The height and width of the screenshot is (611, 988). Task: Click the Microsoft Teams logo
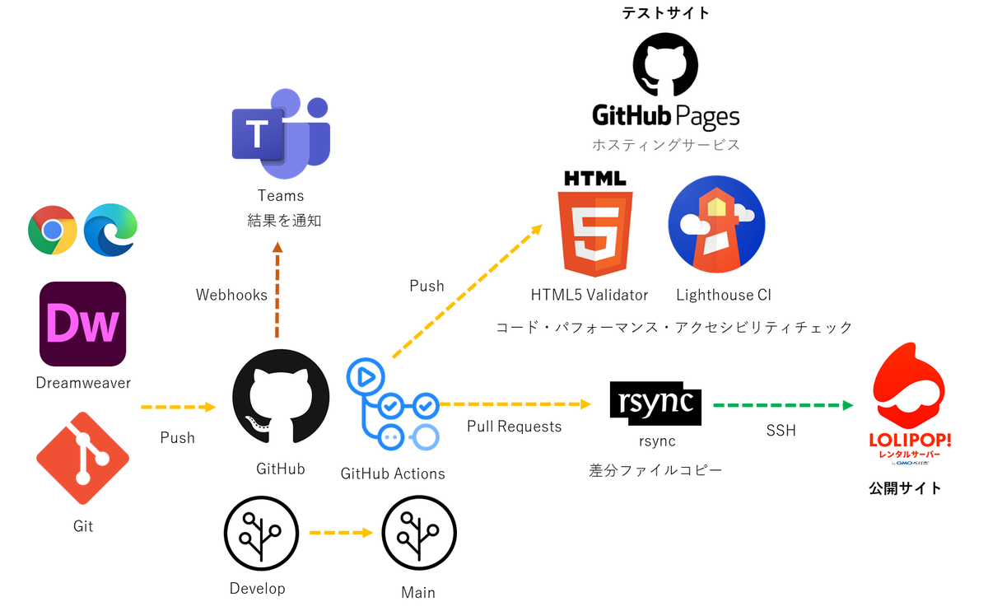point(281,133)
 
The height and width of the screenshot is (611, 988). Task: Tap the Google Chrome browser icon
point(53,230)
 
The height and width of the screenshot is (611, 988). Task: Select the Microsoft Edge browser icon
point(110,230)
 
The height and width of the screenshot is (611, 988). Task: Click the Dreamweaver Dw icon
point(83,324)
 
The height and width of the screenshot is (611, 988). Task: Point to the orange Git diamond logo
point(83,458)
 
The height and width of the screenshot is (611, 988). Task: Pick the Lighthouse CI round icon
point(717,224)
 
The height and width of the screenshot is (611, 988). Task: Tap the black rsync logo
point(655,403)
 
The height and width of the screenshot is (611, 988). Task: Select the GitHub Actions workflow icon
point(393,404)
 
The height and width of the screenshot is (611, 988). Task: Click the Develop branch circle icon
point(261,533)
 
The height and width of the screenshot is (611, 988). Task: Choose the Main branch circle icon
point(419,533)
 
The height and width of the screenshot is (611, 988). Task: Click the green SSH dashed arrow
point(783,405)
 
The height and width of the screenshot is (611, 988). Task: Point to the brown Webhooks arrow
point(277,290)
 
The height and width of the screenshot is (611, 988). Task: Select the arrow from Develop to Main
point(342,533)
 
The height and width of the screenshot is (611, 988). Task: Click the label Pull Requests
point(515,427)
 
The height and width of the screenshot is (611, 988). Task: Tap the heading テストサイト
point(665,13)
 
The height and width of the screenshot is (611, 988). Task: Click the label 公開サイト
point(906,488)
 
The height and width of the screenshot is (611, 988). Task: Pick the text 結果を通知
point(284,220)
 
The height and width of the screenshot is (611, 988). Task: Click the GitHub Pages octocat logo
point(665,64)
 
